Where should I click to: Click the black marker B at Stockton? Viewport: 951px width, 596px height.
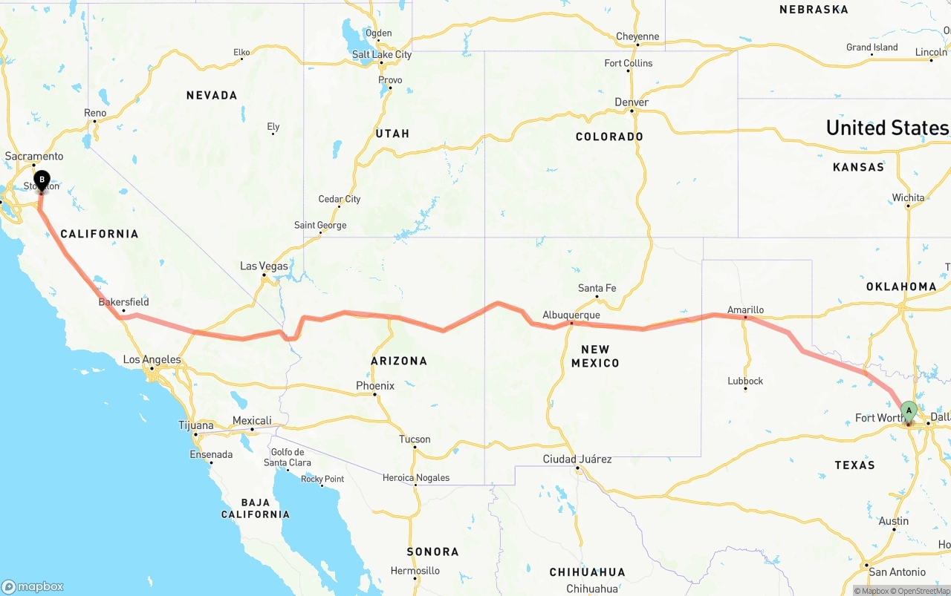click(x=42, y=180)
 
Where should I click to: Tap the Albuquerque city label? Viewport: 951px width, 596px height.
click(x=571, y=315)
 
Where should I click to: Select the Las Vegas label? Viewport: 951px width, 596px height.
click(x=264, y=266)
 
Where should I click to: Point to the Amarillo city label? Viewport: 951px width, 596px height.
click(x=745, y=310)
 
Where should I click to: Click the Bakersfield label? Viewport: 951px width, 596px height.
click(x=123, y=302)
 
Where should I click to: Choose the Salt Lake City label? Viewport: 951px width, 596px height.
click(x=381, y=54)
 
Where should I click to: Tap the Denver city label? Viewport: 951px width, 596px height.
click(x=632, y=102)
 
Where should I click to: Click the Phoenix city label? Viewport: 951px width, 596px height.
click(x=375, y=386)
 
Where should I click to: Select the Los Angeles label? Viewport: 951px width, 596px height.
click(x=152, y=360)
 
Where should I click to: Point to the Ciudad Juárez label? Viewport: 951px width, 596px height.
click(x=577, y=459)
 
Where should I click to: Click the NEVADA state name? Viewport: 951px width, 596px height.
click(x=212, y=95)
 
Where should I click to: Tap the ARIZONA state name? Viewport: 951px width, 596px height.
click(x=399, y=361)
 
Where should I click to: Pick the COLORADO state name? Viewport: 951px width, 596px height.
click(x=609, y=137)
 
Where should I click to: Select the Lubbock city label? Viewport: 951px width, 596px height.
click(x=745, y=381)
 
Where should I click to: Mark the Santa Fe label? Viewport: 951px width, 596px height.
click(x=597, y=288)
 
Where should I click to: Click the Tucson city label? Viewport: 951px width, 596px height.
click(x=415, y=439)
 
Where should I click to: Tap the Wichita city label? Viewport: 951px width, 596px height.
click(x=908, y=197)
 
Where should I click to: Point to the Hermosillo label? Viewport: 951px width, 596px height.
click(x=415, y=571)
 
